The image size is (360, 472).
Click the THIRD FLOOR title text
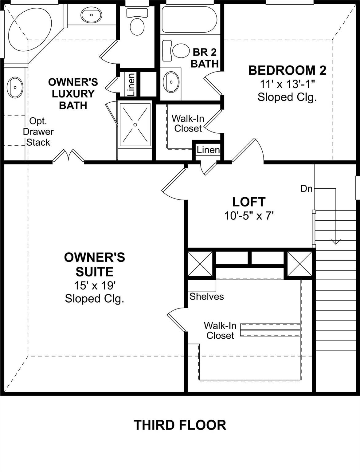pyautogui.click(x=180, y=425)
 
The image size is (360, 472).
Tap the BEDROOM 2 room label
pyautogui.click(x=287, y=70)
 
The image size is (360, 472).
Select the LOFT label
pyautogui.click(x=249, y=202)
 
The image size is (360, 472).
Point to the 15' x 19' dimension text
pyautogui.click(x=95, y=286)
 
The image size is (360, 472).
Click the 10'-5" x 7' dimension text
pyautogui.click(x=249, y=216)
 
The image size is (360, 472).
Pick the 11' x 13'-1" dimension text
pyautogui.click(x=287, y=84)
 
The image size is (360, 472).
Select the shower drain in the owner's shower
pyautogui.click(x=135, y=124)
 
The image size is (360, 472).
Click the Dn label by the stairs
pyautogui.click(x=306, y=189)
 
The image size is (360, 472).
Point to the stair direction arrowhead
pyautogui.click(x=336, y=242)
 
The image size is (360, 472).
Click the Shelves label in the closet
pyautogui.click(x=206, y=297)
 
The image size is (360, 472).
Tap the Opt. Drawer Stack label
pyautogui.click(x=38, y=132)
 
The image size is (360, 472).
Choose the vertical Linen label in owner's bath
pyautogui.click(x=131, y=84)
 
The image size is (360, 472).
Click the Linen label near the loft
pyautogui.click(x=208, y=150)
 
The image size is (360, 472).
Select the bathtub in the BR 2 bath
pyautogui.click(x=189, y=19)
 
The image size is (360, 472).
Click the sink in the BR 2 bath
pyautogui.click(x=170, y=82)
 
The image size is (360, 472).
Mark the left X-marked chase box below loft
pyautogui.click(x=200, y=264)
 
